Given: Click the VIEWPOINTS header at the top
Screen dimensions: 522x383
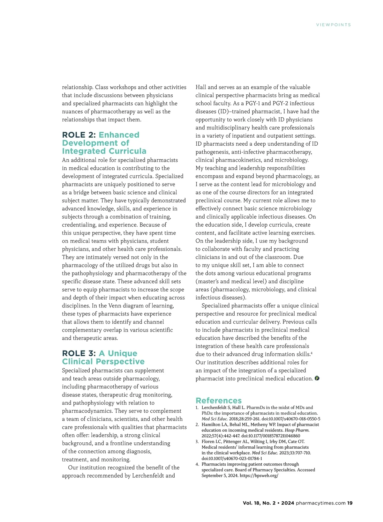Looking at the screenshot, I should coord(333,25).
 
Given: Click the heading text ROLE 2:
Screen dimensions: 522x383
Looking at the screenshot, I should coord(79,135).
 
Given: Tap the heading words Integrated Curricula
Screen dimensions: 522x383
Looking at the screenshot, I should coord(104,151).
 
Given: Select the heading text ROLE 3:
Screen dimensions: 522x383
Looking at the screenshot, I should coord(79,353).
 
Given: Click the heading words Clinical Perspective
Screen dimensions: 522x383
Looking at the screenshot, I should coord(103,362).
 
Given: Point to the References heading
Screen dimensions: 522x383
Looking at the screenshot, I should coord(219,401).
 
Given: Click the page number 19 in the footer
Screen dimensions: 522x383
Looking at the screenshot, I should coord(350,503).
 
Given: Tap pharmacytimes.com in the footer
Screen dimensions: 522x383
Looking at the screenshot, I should coord(320,503).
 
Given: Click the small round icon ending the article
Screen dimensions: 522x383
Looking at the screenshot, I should coord(317,378).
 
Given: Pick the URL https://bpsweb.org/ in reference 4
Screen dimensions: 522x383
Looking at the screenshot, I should coord(259,475).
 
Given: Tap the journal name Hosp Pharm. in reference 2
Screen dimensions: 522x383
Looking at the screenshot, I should coord(297,430).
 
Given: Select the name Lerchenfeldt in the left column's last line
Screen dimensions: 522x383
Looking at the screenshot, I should coord(148,476).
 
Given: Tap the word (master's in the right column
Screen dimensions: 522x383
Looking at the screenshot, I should coord(208,281).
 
